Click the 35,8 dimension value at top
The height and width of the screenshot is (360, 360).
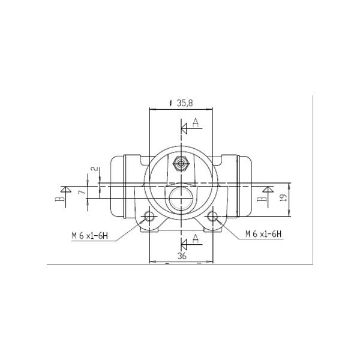[x=185, y=103]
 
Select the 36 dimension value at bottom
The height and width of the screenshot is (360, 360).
[x=182, y=256]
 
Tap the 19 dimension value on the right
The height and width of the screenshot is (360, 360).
[x=284, y=197]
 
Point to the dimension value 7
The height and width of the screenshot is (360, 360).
[x=82, y=191]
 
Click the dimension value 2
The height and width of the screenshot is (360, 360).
[x=94, y=169]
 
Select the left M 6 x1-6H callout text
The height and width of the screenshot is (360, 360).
[x=89, y=236]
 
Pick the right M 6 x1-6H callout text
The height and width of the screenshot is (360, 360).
[x=263, y=234]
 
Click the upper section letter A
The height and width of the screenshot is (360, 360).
[x=196, y=122]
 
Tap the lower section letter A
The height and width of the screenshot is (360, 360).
[x=196, y=239]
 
